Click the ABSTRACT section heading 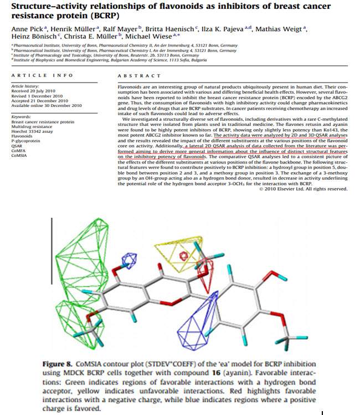136,74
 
